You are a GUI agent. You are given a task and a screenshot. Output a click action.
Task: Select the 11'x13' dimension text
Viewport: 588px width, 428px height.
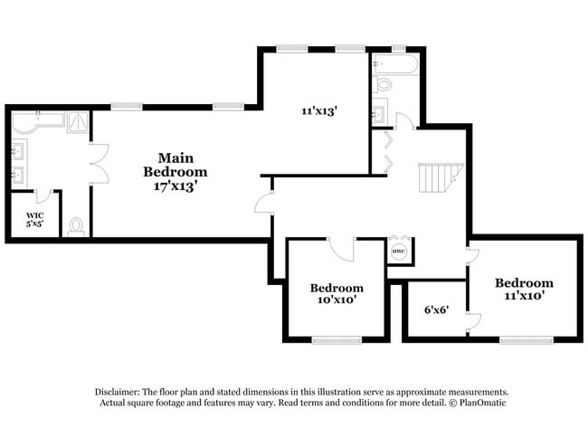[x=319, y=111]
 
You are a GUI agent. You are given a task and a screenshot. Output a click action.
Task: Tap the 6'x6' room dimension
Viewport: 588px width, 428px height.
[x=435, y=309]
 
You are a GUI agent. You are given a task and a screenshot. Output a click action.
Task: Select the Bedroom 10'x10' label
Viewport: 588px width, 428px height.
[x=337, y=293]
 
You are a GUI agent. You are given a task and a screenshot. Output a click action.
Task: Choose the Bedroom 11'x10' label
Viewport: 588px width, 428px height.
[x=524, y=289]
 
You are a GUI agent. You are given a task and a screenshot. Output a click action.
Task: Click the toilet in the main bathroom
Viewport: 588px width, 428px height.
[x=76, y=225]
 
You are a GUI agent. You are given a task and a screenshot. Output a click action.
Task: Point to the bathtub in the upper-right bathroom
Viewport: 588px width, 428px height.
[x=394, y=65]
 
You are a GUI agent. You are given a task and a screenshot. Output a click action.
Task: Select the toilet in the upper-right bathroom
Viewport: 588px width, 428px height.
[x=383, y=85]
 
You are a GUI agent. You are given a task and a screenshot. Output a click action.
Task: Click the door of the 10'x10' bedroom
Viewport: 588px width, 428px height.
[x=342, y=246]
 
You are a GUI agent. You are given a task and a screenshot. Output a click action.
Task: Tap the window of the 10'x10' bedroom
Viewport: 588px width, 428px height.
[x=337, y=339]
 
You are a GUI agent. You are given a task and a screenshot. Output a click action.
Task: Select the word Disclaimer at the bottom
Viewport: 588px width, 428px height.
[x=122, y=391]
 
